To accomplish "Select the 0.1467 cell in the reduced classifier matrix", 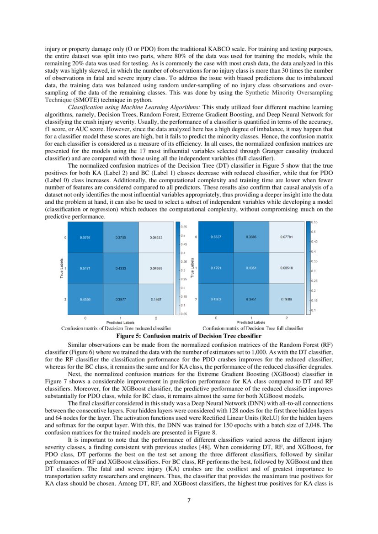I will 155,299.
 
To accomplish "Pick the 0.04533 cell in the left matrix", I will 155,238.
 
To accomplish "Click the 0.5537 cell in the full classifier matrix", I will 216,237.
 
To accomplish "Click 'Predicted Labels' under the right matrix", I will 251,323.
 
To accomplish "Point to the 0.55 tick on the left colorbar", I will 184,226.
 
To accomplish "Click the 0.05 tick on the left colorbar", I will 184,313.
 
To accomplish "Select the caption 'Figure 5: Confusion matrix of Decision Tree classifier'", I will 189,336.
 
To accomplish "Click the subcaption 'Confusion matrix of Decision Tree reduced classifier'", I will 116,328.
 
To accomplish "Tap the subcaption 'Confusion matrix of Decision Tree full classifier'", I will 253,328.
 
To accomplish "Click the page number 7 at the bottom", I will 189,500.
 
